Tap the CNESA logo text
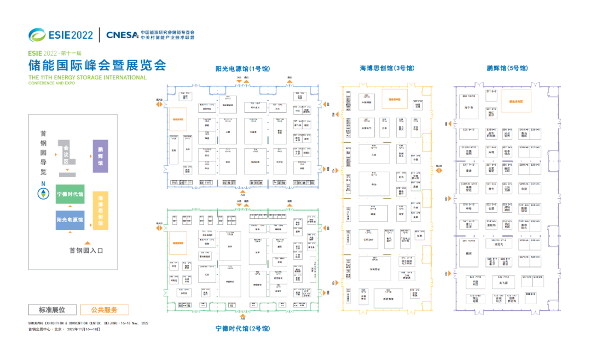pos(122,34)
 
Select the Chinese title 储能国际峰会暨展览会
pos(97,66)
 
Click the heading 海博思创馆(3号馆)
pos(387,68)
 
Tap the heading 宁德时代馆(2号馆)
pos(242,329)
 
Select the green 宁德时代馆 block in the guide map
pos(70,194)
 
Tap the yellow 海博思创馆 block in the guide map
pos(100,210)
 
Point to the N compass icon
pos(43,193)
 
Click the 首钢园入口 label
pos(86,251)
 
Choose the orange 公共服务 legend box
pos(105,310)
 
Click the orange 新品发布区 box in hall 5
pos(515,101)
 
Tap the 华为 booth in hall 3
pos(374,185)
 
